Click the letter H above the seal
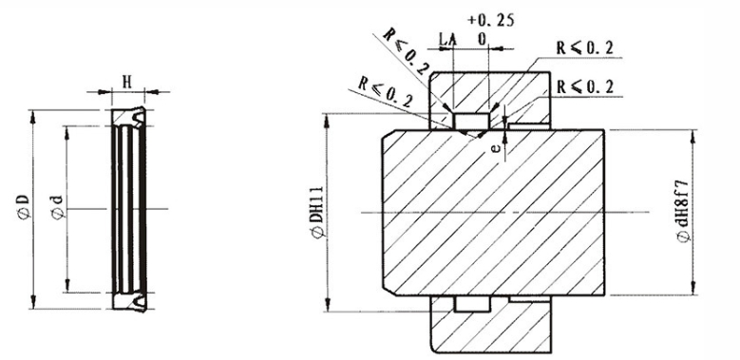pos(127,82)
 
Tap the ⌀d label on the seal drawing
pos(57,207)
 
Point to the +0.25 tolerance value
pos(490,21)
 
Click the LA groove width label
pos(447,39)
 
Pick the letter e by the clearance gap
pos(495,148)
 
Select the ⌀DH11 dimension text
pos(317,212)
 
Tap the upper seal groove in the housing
pos(471,122)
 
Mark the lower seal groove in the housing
pos(471,304)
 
